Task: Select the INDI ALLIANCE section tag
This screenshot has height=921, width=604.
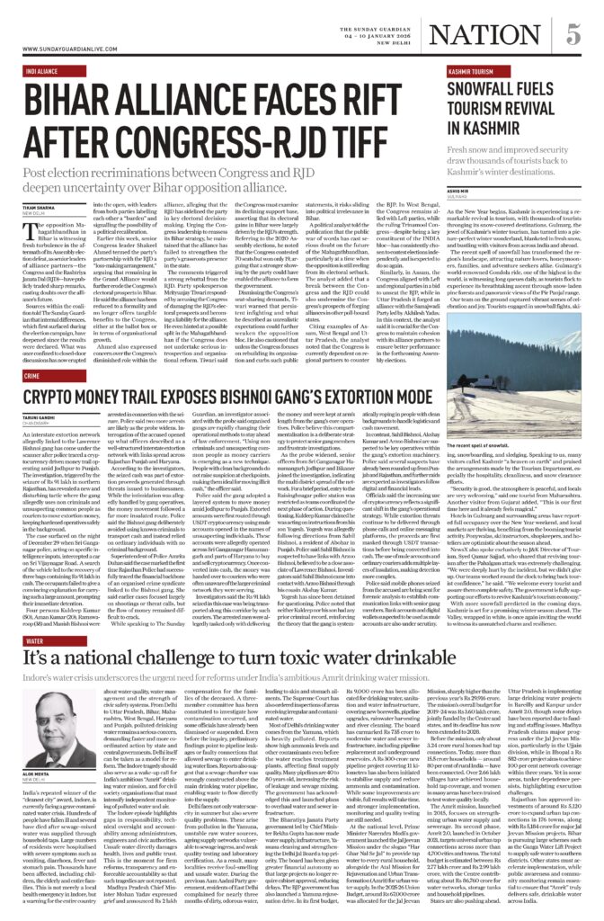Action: (42, 69)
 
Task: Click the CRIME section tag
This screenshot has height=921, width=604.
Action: (31, 375)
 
